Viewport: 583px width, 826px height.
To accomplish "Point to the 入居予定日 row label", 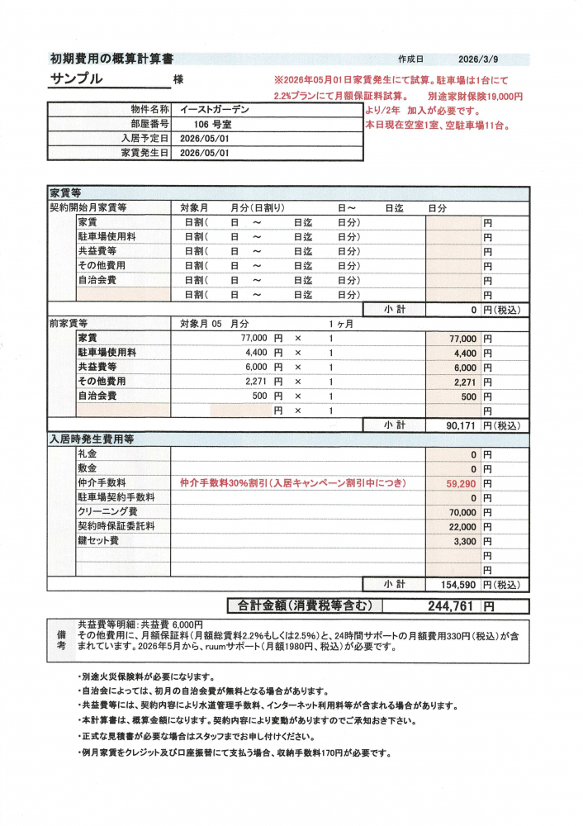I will pos(145,138).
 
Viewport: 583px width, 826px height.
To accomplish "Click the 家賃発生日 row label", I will pos(145,153).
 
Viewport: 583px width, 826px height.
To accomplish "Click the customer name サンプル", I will pos(77,79).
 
